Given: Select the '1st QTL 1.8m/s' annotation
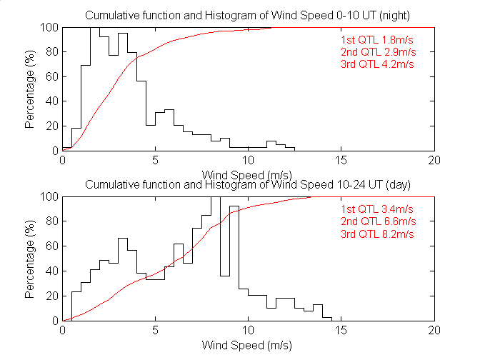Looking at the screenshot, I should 377,40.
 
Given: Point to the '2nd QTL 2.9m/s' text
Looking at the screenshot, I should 377,52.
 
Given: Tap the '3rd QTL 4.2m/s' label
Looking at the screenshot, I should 377,64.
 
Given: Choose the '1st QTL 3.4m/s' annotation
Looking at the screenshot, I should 377,209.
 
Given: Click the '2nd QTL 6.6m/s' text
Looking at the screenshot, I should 377,221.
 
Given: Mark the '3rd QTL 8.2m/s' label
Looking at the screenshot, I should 377,234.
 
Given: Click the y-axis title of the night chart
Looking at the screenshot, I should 30,89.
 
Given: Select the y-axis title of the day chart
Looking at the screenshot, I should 30,259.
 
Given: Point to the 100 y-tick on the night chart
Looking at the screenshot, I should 49,28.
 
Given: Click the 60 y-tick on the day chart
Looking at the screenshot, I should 52,246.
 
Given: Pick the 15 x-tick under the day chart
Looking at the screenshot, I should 341,331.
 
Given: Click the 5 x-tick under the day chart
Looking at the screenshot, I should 155,331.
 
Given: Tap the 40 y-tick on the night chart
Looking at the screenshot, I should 52,101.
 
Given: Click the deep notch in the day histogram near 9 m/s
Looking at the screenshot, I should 225,276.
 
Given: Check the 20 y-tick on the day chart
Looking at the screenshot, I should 52,296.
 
